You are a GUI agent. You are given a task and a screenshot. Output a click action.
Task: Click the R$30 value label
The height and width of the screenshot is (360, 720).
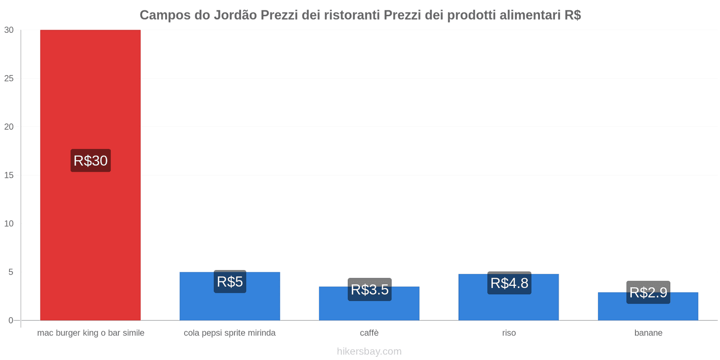[x=90, y=161]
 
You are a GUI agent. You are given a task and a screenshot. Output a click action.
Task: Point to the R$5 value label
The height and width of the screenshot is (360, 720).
[x=230, y=282]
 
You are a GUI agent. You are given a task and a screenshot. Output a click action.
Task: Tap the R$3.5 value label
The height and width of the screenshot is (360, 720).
[x=369, y=289]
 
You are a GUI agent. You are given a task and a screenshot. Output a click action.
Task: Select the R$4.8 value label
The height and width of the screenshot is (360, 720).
[x=509, y=283]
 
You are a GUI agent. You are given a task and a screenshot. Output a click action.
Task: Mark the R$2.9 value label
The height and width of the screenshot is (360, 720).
[x=648, y=292]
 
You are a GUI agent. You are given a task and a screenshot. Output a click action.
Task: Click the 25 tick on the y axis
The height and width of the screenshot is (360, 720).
[x=9, y=78]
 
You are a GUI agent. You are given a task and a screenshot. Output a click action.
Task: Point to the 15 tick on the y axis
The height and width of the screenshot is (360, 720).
[x=9, y=175]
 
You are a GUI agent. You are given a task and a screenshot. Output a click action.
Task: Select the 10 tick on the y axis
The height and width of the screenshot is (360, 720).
[x=9, y=224]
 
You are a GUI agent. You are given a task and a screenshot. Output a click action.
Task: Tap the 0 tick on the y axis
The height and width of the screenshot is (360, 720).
[x=11, y=320]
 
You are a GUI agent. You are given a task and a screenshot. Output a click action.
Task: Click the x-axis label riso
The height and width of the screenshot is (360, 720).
[x=509, y=333]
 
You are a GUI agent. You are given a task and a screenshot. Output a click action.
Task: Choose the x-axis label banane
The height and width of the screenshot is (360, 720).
[x=648, y=333]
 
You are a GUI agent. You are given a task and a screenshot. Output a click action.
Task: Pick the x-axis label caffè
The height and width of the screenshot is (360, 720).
[x=369, y=333]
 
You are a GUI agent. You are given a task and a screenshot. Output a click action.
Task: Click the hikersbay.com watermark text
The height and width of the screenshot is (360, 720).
[x=369, y=351]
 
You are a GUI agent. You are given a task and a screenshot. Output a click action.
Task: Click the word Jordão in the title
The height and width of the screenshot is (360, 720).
[x=235, y=15]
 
